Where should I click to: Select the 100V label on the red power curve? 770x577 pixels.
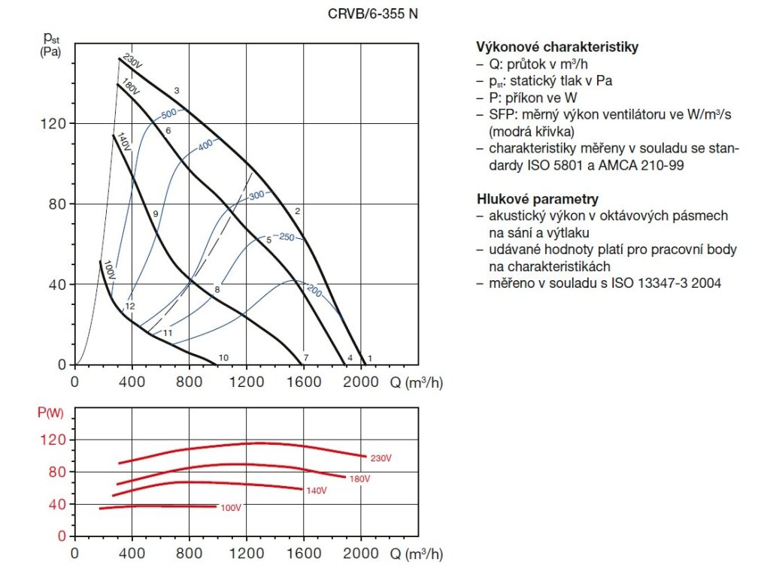tap(230, 508)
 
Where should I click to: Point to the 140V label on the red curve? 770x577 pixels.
tap(316, 491)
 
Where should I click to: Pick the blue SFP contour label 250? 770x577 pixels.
tap(286, 237)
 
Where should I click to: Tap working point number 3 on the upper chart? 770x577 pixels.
tap(176, 91)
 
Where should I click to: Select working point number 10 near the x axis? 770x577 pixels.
tap(223, 357)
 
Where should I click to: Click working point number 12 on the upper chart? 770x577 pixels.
tap(130, 307)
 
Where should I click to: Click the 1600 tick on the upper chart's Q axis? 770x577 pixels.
tap(305, 382)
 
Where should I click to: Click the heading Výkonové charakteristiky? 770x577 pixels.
tap(557, 47)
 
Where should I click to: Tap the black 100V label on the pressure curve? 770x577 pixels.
tap(110, 270)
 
